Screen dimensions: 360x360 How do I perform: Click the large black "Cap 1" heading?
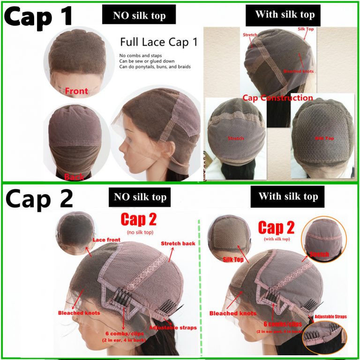click(38, 16)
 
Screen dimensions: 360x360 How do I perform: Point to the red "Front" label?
click(76, 90)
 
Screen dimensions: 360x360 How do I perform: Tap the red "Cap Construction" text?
click(277, 98)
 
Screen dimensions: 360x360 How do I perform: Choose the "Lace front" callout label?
click(106, 240)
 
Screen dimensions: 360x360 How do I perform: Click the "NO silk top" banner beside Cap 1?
click(139, 16)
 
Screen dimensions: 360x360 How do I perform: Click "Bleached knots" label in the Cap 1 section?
click(298, 71)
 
